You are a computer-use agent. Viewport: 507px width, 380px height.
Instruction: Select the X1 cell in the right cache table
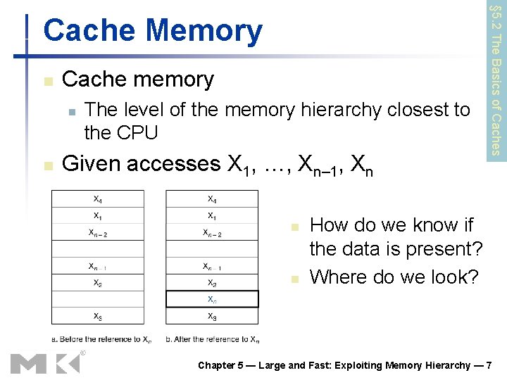point(212,215)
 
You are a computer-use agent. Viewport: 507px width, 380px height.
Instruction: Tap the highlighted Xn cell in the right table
point(212,299)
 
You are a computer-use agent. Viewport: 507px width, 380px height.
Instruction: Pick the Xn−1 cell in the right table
point(212,266)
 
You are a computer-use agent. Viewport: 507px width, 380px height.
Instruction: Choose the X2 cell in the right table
point(212,283)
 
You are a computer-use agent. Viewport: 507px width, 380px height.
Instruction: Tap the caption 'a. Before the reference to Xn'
point(101,339)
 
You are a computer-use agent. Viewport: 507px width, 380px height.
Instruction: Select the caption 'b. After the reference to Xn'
point(213,339)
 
